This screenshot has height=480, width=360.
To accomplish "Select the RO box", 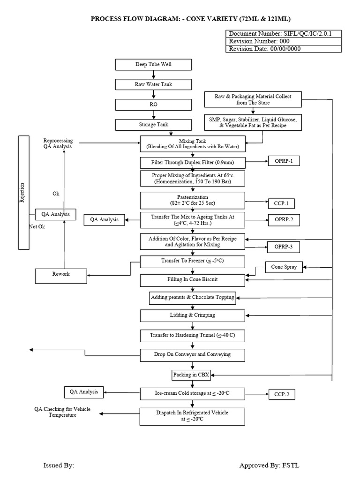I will click(x=153, y=105).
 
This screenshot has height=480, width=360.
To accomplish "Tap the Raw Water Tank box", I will click(x=153, y=84).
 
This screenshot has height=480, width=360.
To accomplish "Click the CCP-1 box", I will click(x=281, y=203).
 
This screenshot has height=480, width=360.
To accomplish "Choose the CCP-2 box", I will click(x=281, y=394).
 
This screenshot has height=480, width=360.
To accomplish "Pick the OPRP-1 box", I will click(x=283, y=161).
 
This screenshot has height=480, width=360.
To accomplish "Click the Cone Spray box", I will click(x=284, y=268).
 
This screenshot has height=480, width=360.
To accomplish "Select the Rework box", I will click(x=61, y=276).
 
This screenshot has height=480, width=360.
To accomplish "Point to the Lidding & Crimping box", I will click(x=192, y=315).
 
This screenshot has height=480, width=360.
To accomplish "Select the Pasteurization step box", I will click(x=192, y=200).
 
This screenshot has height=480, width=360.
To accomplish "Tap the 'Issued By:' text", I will click(x=59, y=465).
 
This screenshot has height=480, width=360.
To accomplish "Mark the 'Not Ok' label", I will click(x=37, y=227).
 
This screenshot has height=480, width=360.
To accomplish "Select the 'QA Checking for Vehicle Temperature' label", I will click(x=62, y=412).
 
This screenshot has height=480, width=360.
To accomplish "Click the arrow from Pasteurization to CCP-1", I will click(x=256, y=203).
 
